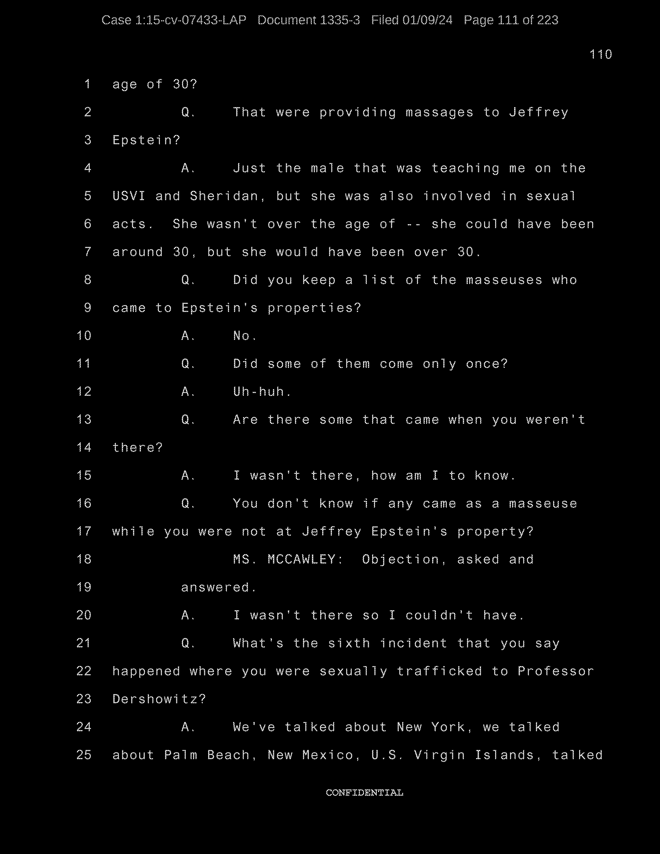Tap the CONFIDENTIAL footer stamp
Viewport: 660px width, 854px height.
click(x=364, y=793)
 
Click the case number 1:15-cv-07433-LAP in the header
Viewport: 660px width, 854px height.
click(x=190, y=20)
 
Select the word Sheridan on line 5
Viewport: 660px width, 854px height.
click(x=224, y=196)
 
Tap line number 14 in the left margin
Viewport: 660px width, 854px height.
click(x=84, y=448)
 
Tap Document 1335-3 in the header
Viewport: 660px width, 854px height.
click(x=309, y=20)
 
